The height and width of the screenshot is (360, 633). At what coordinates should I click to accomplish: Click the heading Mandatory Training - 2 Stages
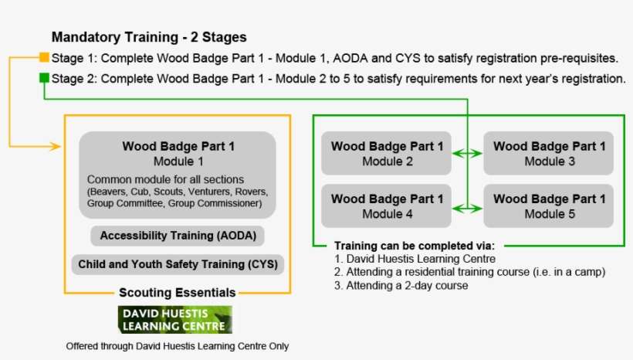coord(149,37)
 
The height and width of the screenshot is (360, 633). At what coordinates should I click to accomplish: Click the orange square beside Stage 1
coord(44,58)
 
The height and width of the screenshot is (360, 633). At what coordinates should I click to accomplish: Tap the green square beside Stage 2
coord(44,78)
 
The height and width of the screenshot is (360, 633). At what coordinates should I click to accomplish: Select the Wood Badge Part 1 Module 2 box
coord(387,153)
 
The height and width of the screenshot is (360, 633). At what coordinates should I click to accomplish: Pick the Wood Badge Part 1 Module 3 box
coord(549,153)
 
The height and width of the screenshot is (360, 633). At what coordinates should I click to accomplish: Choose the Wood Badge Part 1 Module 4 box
coord(387,205)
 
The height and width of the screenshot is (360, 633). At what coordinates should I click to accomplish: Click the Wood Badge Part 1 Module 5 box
coord(549,205)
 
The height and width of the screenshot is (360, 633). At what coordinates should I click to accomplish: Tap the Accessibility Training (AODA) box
coord(178,236)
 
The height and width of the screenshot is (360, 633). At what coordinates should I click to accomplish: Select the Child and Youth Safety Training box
coord(178,264)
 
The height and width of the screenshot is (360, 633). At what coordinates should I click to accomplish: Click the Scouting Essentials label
coord(178,293)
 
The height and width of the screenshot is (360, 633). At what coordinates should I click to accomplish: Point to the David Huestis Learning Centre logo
coord(174,319)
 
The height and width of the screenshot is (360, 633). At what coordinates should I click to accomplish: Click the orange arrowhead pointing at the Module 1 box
coord(56,146)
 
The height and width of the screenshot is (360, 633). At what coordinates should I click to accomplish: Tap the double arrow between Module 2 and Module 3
coord(467,154)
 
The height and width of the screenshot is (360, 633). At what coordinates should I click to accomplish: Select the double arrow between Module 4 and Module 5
coord(467,206)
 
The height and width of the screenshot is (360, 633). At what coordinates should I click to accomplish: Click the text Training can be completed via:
coord(414,245)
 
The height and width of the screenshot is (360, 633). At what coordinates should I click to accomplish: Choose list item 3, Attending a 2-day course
coord(401,285)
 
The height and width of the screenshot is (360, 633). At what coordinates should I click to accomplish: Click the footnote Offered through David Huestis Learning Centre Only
coord(178,346)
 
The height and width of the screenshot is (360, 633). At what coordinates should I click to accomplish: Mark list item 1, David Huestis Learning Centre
coord(415,259)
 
